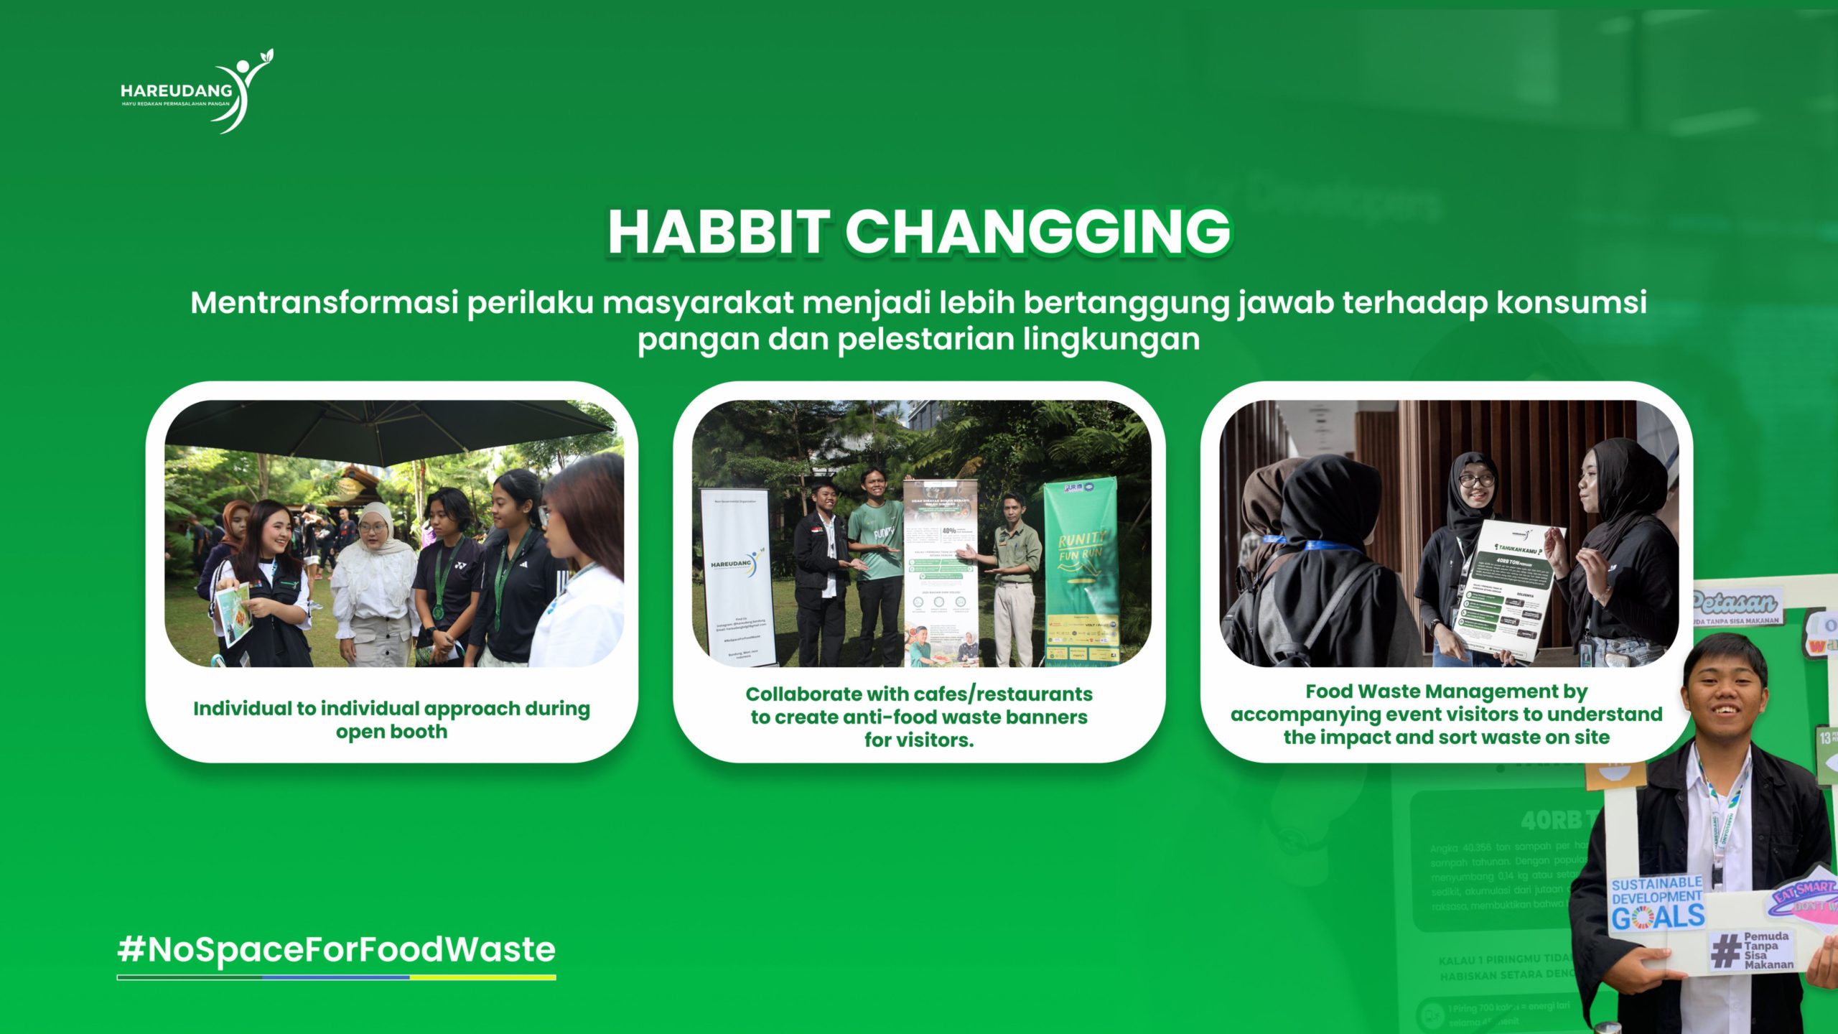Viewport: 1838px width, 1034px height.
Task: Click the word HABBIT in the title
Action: (719, 232)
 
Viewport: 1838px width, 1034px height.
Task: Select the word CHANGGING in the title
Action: (1037, 232)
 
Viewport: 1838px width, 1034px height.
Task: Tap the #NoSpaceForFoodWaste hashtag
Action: (336, 949)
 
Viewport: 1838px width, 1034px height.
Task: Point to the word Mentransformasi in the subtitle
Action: (324, 303)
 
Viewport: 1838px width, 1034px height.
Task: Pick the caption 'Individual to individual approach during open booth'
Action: (391, 719)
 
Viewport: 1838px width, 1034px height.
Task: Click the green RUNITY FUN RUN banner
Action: (1081, 571)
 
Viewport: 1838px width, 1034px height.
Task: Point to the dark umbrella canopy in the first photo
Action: (388, 431)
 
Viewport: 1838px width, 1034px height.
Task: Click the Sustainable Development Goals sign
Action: (1657, 903)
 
